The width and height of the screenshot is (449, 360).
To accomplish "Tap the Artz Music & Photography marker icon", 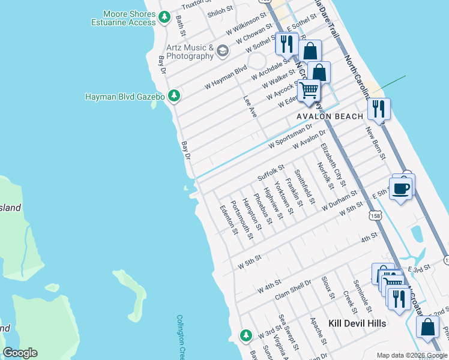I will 223,51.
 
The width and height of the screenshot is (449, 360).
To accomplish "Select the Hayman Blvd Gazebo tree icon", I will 174,96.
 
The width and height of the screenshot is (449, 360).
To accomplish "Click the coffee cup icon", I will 402,188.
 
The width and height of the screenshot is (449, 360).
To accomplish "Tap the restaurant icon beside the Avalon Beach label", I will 379,109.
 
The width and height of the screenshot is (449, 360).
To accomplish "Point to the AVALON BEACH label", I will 330,116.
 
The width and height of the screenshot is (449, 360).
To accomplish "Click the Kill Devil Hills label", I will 357,323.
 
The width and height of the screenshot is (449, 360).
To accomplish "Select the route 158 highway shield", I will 375,215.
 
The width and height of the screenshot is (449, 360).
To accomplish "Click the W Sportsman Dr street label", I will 291,136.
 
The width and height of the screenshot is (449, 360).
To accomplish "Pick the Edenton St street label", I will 228,220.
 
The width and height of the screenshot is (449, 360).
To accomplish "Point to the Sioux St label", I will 327,287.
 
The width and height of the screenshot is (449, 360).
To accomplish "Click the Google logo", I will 20,353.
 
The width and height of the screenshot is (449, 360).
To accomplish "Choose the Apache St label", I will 318,332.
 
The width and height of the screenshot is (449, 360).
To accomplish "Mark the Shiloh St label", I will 220,10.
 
